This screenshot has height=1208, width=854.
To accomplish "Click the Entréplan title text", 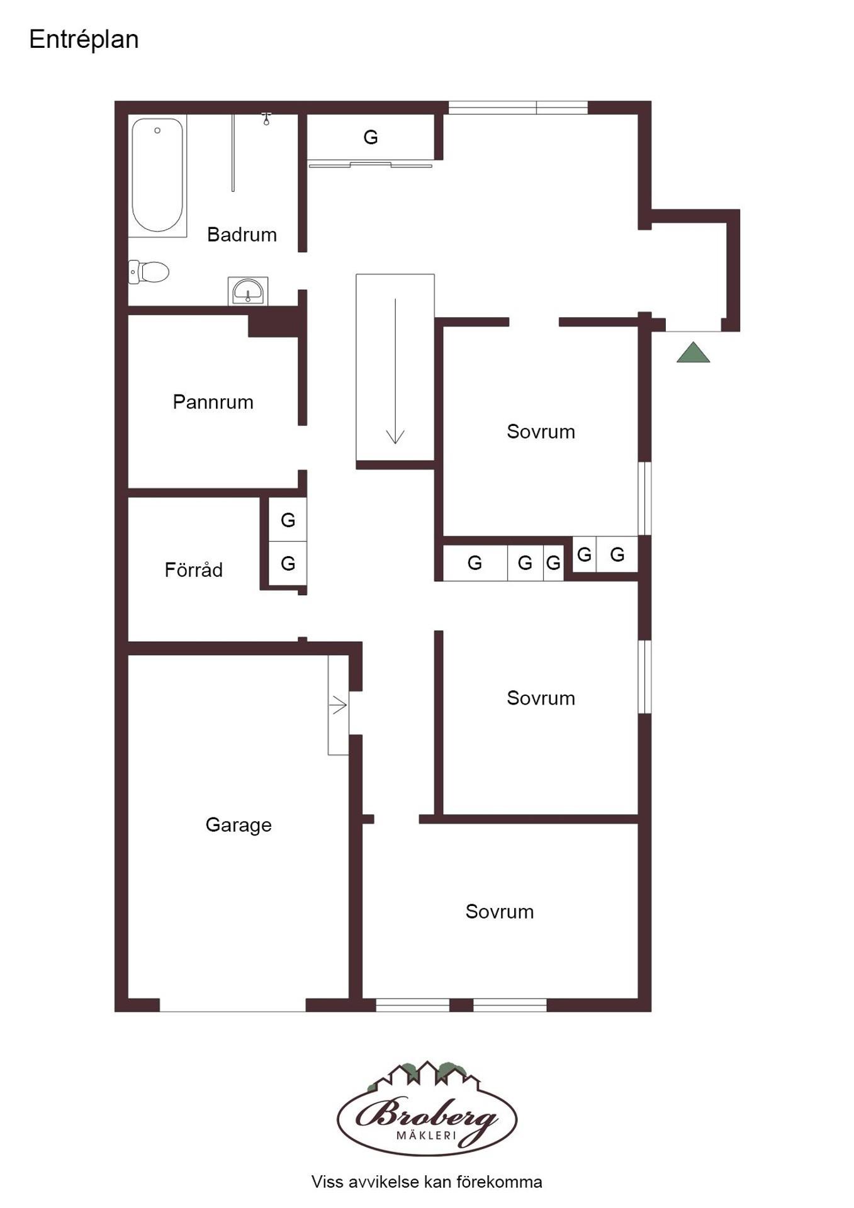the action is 84,40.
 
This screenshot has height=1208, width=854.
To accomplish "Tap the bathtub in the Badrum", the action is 157,175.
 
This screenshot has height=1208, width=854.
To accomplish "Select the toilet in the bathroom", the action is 149,272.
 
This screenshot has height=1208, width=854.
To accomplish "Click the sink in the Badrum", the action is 248,291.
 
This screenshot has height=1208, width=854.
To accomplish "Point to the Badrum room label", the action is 242,235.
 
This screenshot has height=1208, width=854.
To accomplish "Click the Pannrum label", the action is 213,402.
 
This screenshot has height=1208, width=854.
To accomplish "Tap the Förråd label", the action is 193,569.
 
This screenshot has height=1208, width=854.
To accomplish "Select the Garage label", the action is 239,824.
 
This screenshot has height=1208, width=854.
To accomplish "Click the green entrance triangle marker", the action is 693,352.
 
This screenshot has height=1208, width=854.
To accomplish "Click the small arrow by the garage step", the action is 339,705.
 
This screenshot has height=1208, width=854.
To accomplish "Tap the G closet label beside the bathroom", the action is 371,137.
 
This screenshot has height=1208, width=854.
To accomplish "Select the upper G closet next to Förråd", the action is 288,520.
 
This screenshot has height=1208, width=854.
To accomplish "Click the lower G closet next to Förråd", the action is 288,563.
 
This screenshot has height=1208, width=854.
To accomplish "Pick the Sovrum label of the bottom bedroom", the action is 499,911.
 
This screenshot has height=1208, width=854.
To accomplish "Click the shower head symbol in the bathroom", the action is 266,119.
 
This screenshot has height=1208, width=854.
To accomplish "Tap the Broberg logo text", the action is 427,1114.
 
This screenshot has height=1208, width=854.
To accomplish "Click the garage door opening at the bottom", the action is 233,1005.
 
